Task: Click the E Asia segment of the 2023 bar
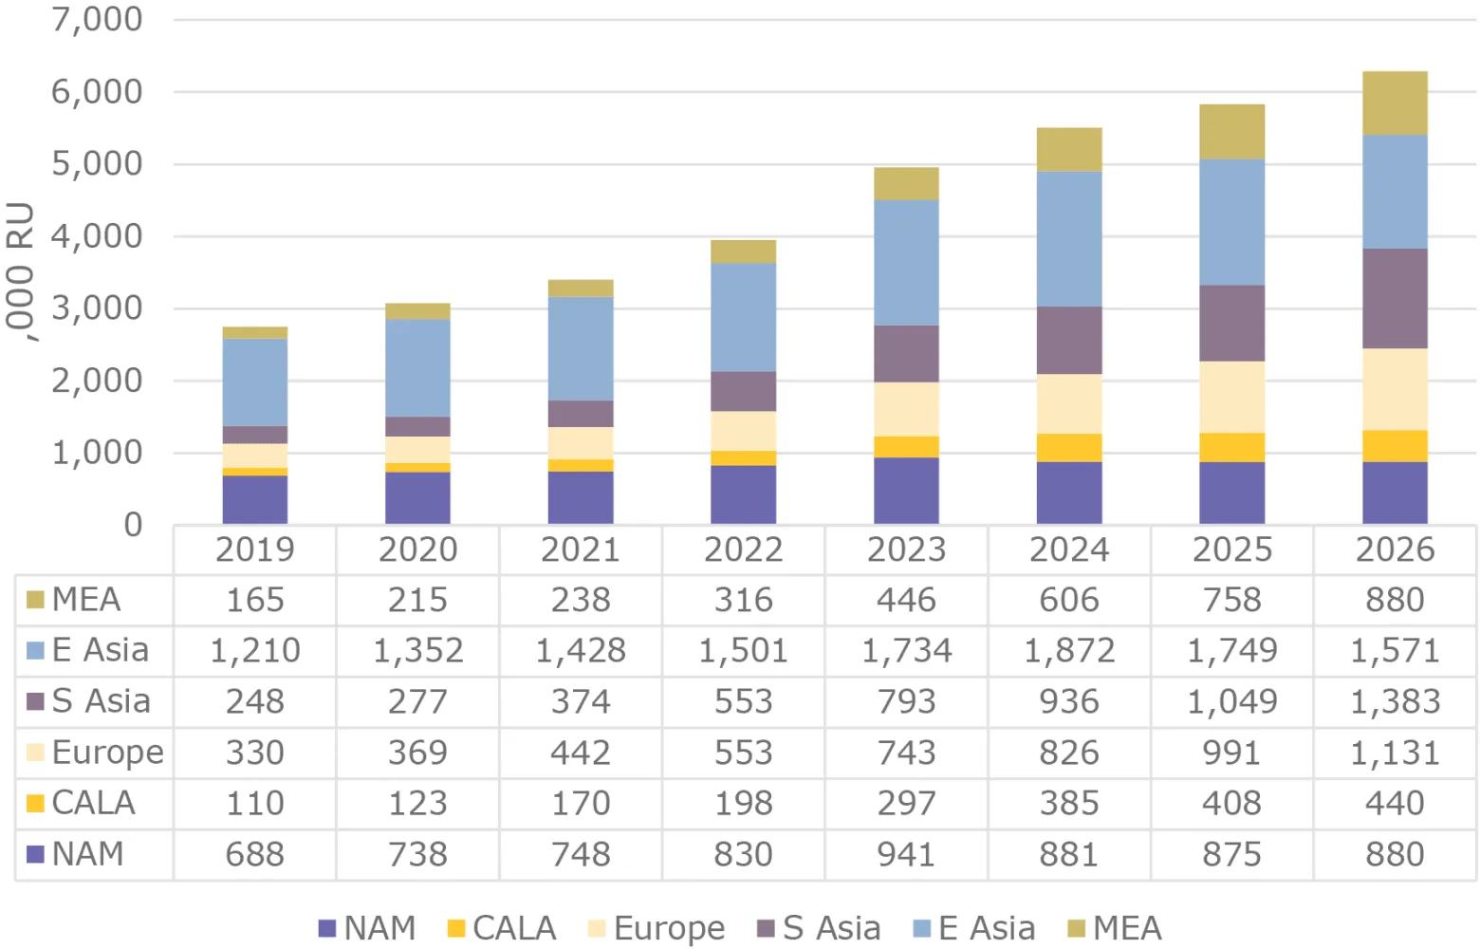point(906,262)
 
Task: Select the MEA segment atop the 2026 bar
point(1395,102)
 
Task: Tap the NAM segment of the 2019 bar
point(255,499)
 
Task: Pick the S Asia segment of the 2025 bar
point(1231,323)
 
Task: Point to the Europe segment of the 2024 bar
point(1069,403)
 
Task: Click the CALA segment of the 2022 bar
point(743,458)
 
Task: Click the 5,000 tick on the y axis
point(97,163)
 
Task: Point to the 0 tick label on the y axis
point(133,525)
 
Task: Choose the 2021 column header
point(581,549)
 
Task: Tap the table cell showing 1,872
point(1069,651)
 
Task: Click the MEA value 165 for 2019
point(255,600)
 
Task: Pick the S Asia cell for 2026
point(1395,701)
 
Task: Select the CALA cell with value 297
point(906,803)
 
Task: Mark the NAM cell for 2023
point(906,854)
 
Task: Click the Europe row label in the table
point(107,753)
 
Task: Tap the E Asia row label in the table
point(100,651)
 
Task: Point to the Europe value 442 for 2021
point(581,753)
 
